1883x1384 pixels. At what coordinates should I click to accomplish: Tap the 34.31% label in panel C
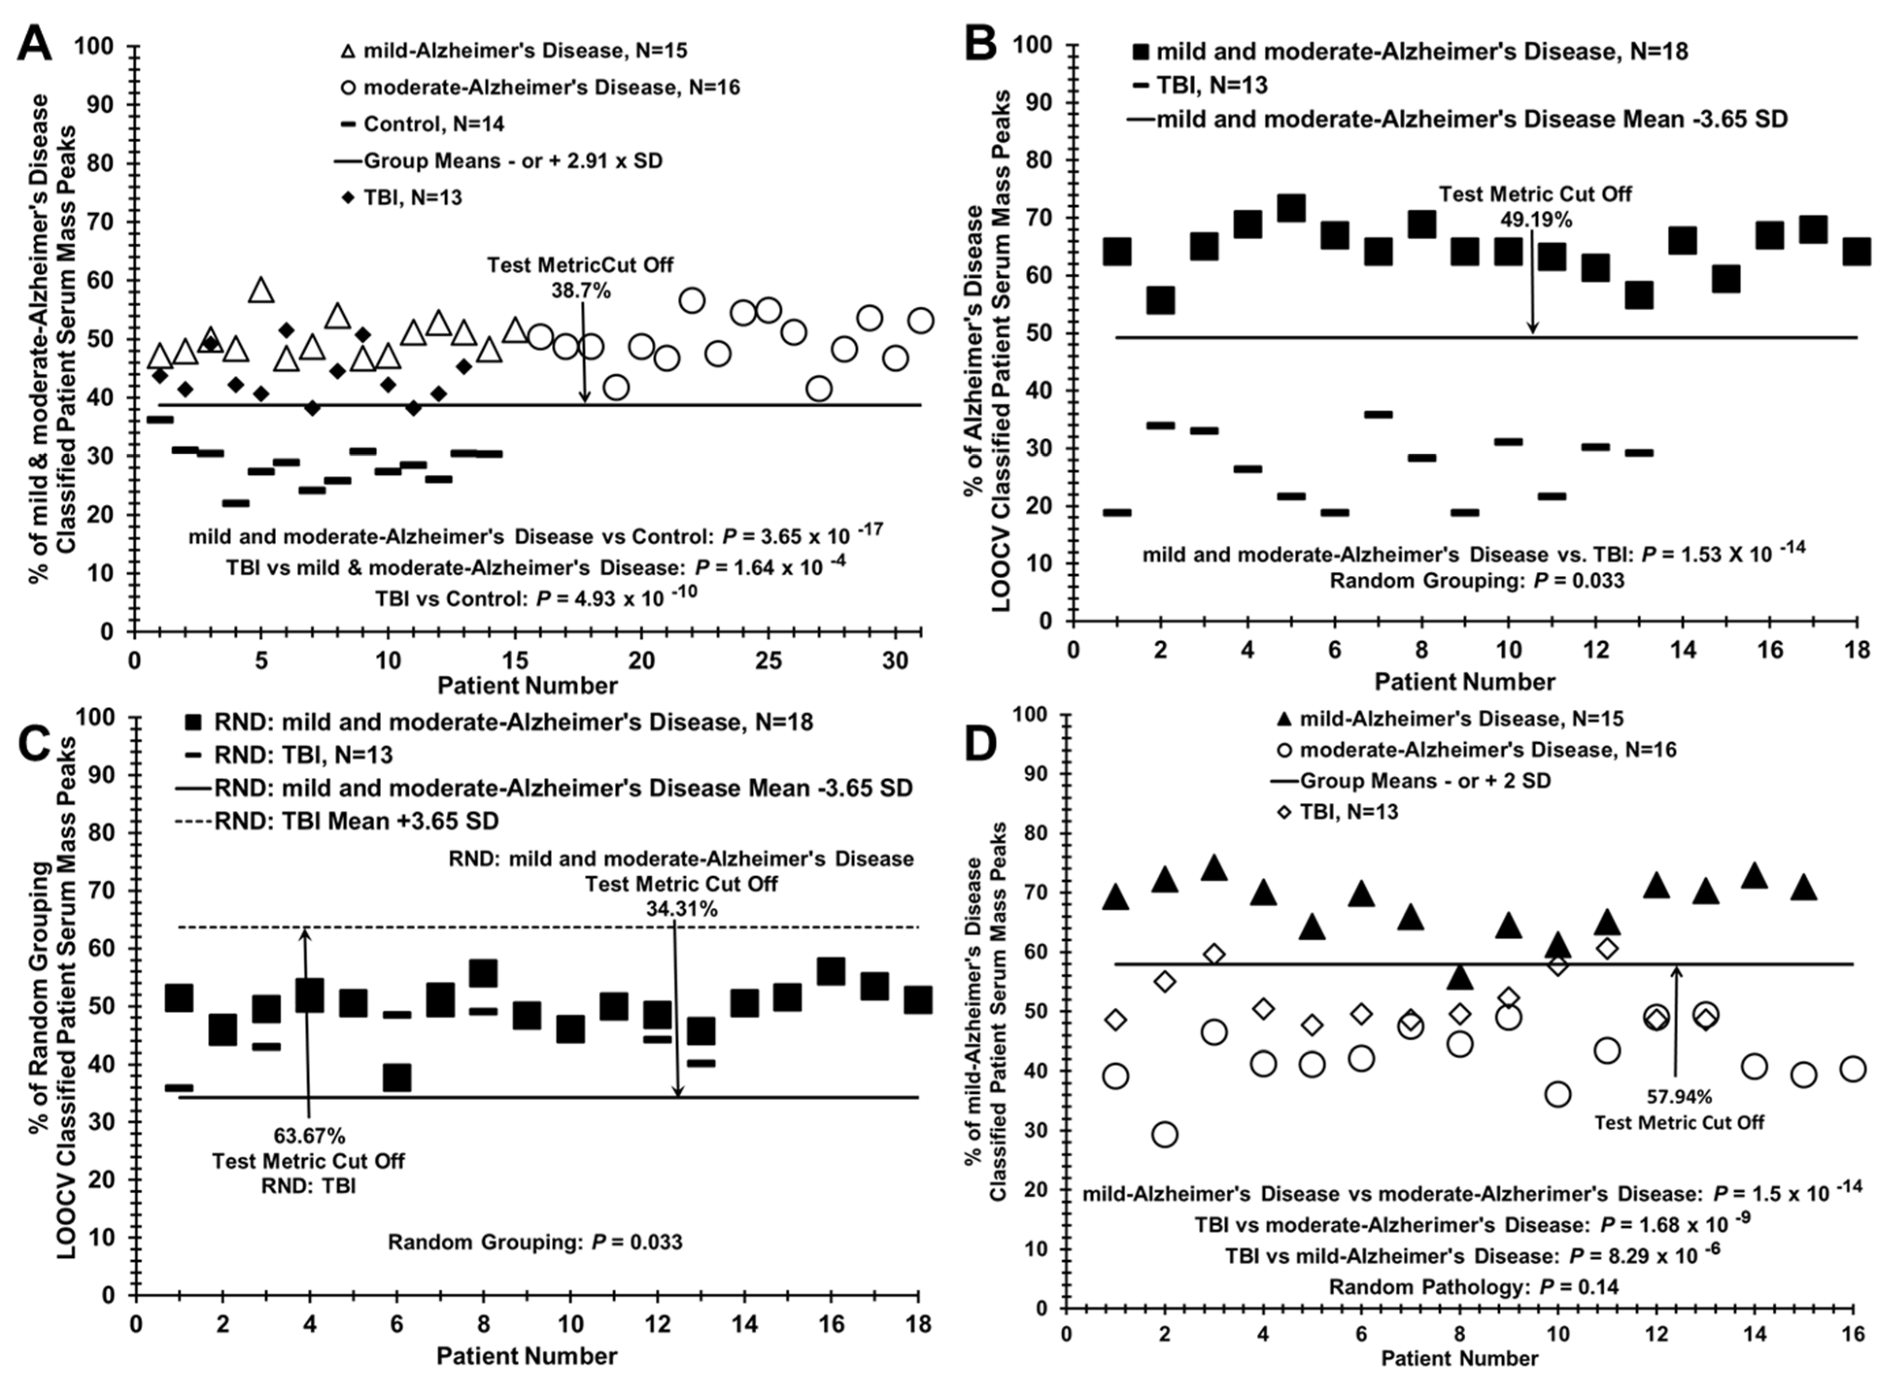681,908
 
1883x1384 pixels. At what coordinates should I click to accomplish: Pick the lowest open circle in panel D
1165,1134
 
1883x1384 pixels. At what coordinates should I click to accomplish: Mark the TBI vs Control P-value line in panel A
536,597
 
